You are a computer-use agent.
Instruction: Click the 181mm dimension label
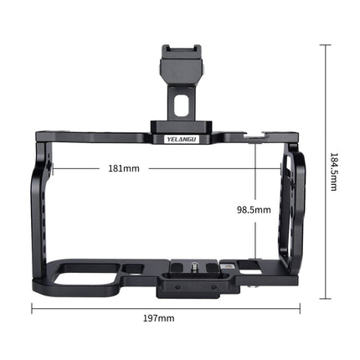tap(125, 168)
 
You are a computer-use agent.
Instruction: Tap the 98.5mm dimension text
tap(253, 210)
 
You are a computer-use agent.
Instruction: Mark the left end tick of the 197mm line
tap(32, 306)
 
